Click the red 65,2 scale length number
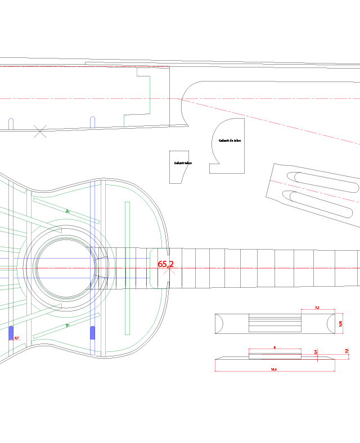tap(165, 264)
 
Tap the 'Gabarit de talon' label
tap(229, 141)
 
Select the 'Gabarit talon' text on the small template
tap(183, 163)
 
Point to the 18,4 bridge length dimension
tap(273, 369)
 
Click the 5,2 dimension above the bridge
tap(317, 308)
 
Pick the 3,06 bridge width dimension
tap(340, 323)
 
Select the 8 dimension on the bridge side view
tap(274, 347)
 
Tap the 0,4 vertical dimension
tap(316, 352)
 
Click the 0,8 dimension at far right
tap(346, 351)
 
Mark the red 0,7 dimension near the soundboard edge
tap(16, 338)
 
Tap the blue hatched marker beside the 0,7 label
tap(11, 333)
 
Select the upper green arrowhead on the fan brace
tap(67, 211)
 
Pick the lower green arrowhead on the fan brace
tap(67, 325)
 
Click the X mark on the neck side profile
tap(40, 132)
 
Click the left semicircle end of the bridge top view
tap(220, 324)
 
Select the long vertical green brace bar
tap(127, 268)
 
